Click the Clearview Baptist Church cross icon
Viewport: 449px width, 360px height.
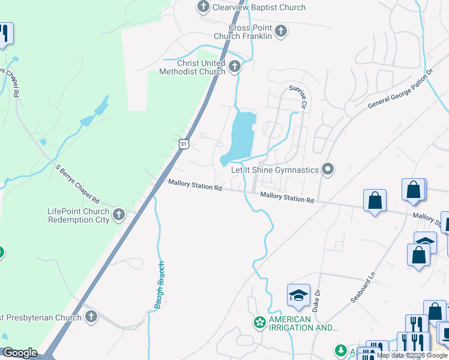point(203,7)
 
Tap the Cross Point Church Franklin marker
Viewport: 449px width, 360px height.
point(280,30)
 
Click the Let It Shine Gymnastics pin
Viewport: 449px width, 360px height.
point(328,169)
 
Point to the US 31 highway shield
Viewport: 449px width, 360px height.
point(184,143)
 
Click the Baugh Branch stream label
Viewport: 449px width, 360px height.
point(160,286)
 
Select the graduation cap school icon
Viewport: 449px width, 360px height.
point(298,295)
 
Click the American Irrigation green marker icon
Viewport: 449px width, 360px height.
point(260,323)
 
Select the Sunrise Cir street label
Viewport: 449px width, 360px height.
point(298,97)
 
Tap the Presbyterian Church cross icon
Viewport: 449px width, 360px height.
point(91,317)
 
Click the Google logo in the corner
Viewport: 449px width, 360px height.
point(20,353)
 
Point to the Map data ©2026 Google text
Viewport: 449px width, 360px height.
point(412,355)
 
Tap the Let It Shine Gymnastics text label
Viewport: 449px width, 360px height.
point(275,170)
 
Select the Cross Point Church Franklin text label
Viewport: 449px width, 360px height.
point(251,32)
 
